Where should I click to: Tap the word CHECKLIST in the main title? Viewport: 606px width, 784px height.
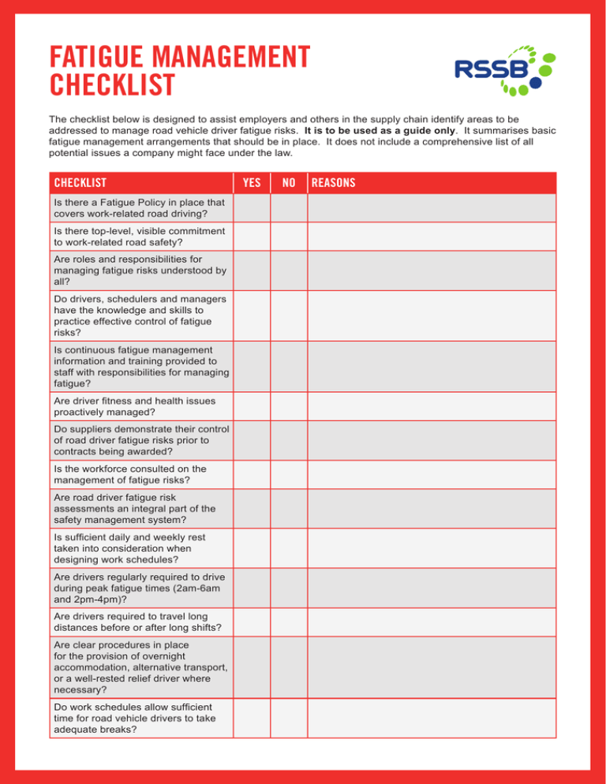point(111,83)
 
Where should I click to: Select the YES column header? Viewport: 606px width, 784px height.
point(252,183)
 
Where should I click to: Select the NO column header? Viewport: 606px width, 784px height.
point(289,183)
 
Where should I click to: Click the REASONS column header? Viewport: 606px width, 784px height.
point(333,183)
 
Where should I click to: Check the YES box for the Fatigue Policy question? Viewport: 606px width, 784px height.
point(252,208)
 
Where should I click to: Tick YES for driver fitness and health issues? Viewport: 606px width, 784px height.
point(252,406)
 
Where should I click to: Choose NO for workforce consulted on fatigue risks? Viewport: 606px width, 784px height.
point(289,475)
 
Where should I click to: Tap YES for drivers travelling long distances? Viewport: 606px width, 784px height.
point(252,622)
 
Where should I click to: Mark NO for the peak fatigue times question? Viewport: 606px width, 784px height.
point(289,588)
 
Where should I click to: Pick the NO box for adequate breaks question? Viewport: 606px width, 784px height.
point(289,716)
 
